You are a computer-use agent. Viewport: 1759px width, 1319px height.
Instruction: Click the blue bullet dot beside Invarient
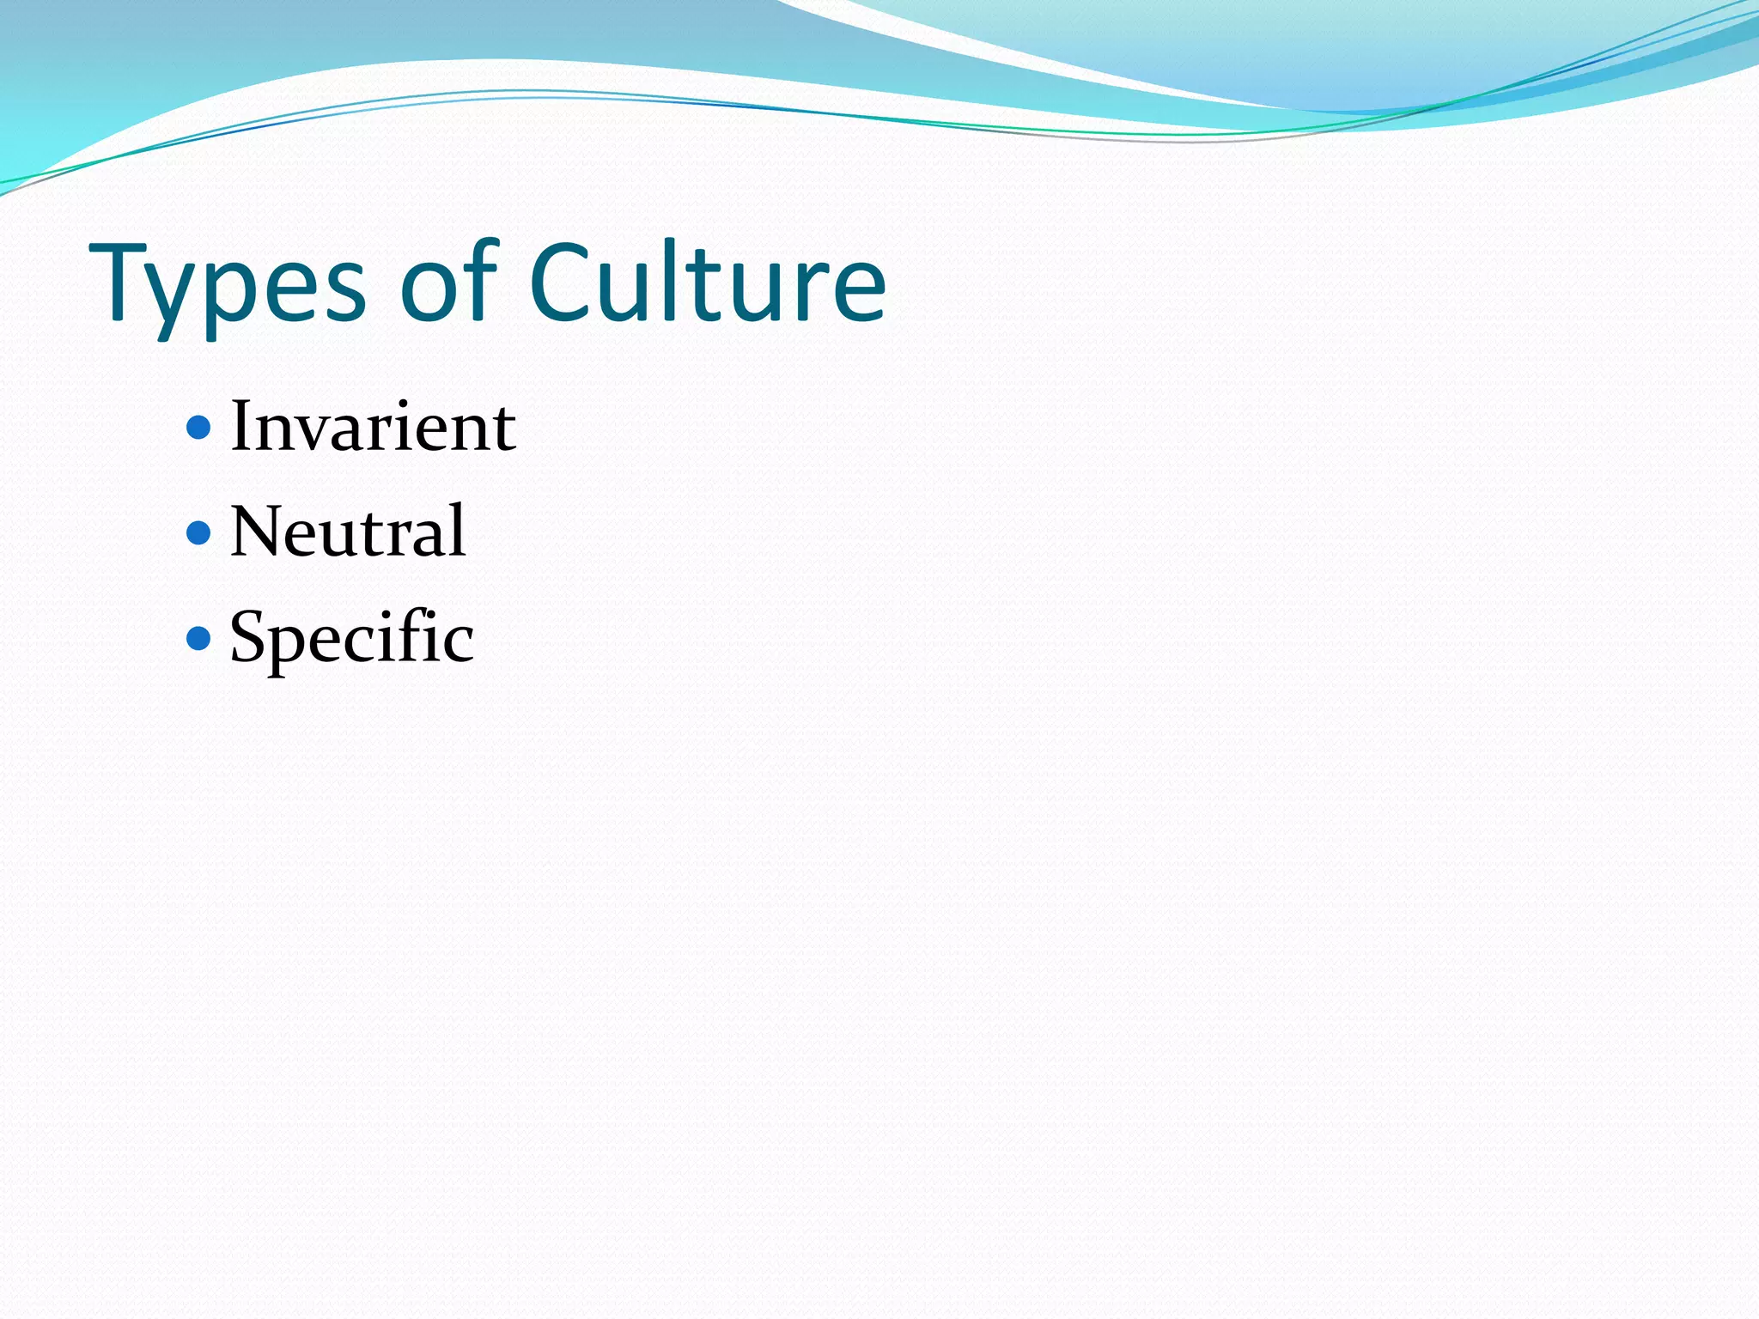pyautogui.click(x=198, y=427)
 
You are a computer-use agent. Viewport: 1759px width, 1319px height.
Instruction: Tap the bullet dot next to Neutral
pyautogui.click(x=198, y=532)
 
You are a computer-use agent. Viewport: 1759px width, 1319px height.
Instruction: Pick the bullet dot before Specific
pyautogui.click(x=198, y=638)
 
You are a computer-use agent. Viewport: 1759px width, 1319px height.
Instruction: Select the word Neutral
pyautogui.click(x=348, y=532)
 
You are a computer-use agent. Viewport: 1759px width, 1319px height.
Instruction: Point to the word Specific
pyautogui.click(x=351, y=638)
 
